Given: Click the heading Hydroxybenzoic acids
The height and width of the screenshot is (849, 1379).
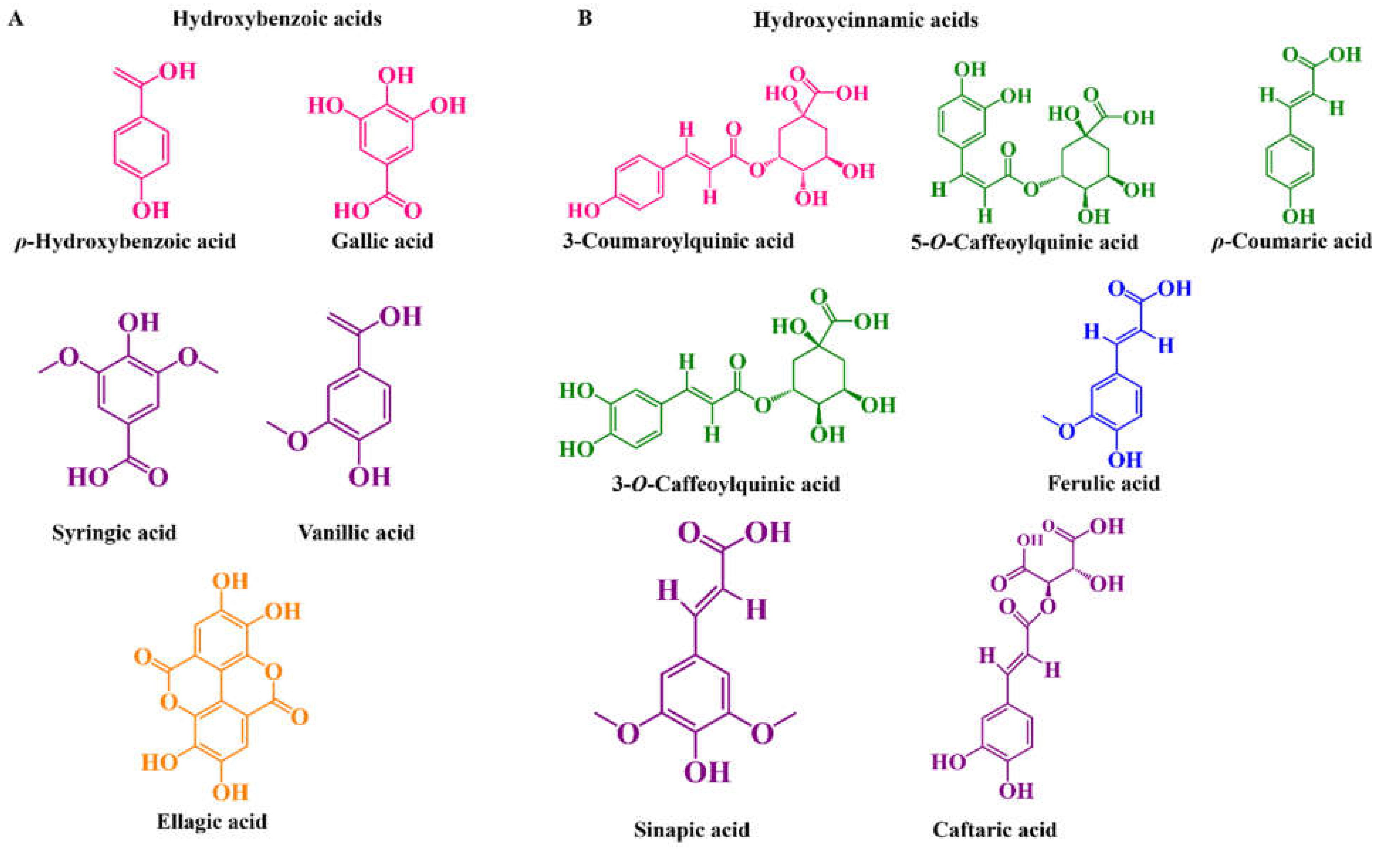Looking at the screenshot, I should point(277,19).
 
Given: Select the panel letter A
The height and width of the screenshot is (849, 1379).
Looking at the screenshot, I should point(16,19).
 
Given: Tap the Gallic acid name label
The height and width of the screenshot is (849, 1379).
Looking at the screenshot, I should point(382,241).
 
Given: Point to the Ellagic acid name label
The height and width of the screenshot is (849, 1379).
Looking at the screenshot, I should point(212,821).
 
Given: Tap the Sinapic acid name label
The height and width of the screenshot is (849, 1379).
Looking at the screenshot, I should point(691,829).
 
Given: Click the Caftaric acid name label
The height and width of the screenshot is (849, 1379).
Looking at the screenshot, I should point(994,829).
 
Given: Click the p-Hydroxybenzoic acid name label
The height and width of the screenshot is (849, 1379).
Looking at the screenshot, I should point(125,242).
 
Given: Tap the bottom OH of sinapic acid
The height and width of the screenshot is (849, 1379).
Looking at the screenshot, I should point(707,772).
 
